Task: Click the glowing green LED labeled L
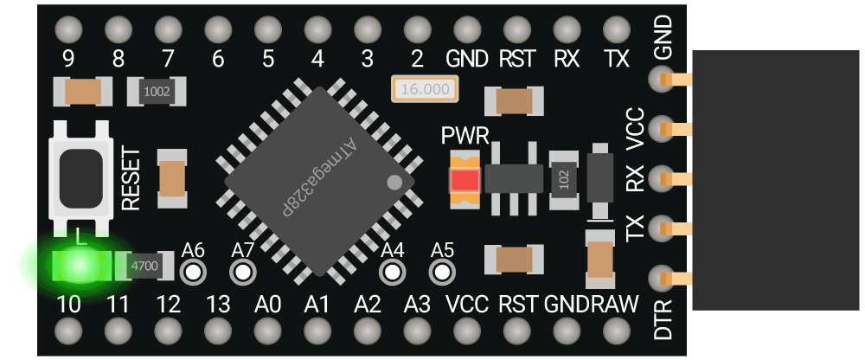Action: [x=80, y=266]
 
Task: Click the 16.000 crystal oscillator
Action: [x=425, y=89]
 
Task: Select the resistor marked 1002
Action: [x=156, y=92]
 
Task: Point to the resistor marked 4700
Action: [x=144, y=266]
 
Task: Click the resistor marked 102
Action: [x=564, y=181]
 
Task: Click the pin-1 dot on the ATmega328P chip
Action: [x=394, y=183]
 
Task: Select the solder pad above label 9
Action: [x=68, y=29]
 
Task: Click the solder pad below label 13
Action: [x=218, y=331]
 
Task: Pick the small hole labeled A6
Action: [x=193, y=272]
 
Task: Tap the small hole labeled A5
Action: [x=442, y=272]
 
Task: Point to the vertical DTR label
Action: [x=663, y=319]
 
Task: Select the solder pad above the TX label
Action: [x=617, y=29]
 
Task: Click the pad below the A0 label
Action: [x=267, y=331]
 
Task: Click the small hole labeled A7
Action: [x=242, y=272]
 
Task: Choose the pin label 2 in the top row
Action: [x=418, y=59]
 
